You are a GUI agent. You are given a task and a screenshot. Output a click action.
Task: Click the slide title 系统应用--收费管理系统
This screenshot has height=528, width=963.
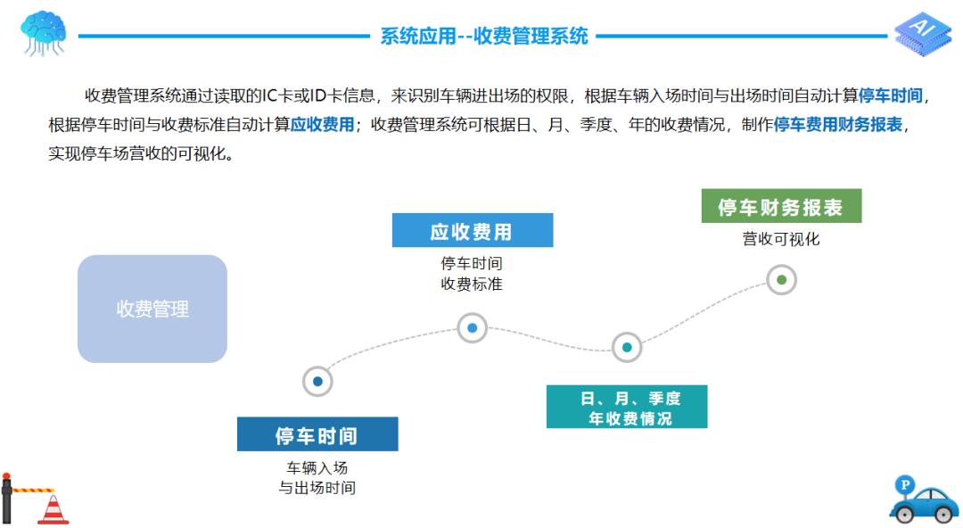click(x=484, y=37)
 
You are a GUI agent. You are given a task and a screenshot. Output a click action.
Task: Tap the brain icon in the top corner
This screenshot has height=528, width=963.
click(x=43, y=34)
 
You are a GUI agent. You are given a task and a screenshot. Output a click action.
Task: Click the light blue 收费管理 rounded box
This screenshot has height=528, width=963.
click(x=152, y=309)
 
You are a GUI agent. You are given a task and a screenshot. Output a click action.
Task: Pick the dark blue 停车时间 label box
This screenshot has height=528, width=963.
click(x=317, y=435)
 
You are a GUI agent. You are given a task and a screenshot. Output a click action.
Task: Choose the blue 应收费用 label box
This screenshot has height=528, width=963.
click(x=472, y=232)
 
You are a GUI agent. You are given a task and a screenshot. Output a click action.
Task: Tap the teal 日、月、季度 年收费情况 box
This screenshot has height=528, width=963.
click(x=627, y=408)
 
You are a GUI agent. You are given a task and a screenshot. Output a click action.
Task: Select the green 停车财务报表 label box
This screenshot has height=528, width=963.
click(x=781, y=207)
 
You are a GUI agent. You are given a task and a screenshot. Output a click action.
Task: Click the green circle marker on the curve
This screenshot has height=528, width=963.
click(x=781, y=280)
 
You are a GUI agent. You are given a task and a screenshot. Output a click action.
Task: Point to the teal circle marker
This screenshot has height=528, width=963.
click(x=627, y=347)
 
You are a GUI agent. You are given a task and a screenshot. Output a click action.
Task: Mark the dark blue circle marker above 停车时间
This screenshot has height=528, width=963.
click(x=317, y=382)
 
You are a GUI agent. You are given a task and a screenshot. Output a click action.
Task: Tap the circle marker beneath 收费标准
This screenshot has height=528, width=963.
click(x=472, y=328)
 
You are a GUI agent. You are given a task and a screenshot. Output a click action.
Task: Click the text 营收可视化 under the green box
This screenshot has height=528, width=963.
click(x=781, y=239)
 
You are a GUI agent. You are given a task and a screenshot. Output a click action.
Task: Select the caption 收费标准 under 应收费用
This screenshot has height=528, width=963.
click(x=472, y=285)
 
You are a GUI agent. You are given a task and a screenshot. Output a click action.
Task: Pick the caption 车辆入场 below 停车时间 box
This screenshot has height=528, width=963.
click(x=317, y=467)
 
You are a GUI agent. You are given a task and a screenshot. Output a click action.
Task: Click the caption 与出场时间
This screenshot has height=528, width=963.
click(x=317, y=488)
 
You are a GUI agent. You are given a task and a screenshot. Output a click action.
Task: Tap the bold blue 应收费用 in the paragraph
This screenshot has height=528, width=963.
click(x=323, y=124)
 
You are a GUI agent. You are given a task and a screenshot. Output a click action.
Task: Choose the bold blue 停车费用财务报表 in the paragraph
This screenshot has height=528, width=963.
click(x=837, y=124)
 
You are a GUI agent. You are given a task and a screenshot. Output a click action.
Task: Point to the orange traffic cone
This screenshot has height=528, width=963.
click(x=53, y=508)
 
